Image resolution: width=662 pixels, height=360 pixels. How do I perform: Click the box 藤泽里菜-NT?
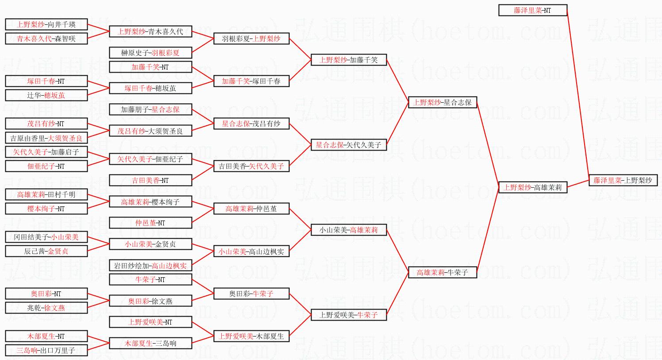[x=532, y=10]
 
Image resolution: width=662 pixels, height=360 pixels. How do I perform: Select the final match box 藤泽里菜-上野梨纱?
[x=623, y=180]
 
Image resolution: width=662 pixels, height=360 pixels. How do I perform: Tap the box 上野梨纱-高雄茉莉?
[x=532, y=187]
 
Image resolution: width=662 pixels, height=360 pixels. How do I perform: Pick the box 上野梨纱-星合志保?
[x=442, y=102]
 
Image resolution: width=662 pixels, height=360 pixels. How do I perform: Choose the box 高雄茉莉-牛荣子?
[x=442, y=272]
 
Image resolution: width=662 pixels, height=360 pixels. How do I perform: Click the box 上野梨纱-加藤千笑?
[x=349, y=60]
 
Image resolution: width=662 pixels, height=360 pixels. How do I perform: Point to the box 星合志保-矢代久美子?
[x=349, y=145]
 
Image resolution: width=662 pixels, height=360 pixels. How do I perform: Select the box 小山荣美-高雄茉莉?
[x=349, y=230]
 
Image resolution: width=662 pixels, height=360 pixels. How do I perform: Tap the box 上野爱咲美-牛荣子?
[x=349, y=315]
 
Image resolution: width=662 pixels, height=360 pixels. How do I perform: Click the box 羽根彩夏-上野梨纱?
[x=251, y=39]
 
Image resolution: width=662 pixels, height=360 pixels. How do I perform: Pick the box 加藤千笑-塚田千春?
[x=251, y=81]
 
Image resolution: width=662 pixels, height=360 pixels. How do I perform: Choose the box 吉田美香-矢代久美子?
[x=251, y=166]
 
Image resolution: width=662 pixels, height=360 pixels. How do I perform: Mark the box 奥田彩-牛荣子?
[x=251, y=294]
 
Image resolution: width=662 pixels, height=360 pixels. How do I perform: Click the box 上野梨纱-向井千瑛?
[x=46, y=24]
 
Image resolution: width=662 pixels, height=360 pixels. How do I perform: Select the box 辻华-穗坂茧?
[x=46, y=95]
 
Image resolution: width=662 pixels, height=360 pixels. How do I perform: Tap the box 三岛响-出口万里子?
[x=46, y=350]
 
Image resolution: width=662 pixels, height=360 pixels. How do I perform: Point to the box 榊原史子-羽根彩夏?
[x=150, y=53]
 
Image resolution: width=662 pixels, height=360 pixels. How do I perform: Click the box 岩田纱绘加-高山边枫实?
[x=150, y=266]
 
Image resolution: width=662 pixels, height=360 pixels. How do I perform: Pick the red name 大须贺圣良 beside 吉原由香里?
[x=65, y=138]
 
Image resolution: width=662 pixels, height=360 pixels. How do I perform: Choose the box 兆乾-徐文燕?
[x=46, y=308]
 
